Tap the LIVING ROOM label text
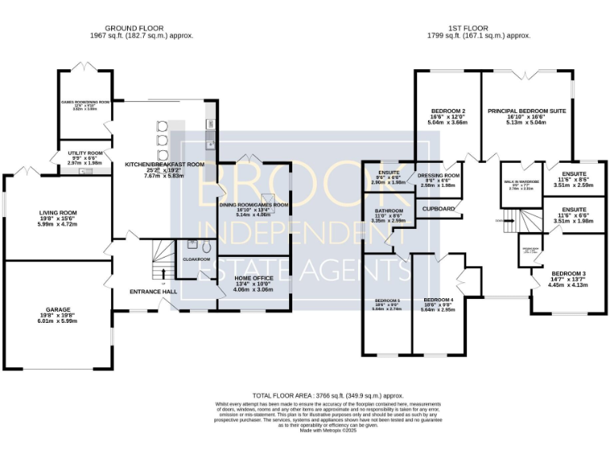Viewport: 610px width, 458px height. pyautogui.click(x=59, y=213)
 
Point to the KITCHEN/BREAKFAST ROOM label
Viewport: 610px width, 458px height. pyautogui.click(x=164, y=165)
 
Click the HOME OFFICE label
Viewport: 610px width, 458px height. pyautogui.click(x=253, y=278)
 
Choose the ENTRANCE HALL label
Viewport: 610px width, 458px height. pyautogui.click(x=153, y=292)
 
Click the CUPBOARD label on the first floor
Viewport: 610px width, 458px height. pyautogui.click(x=438, y=209)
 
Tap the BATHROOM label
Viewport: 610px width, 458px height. pyautogui.click(x=389, y=211)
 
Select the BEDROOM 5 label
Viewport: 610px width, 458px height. pyautogui.click(x=387, y=300)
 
